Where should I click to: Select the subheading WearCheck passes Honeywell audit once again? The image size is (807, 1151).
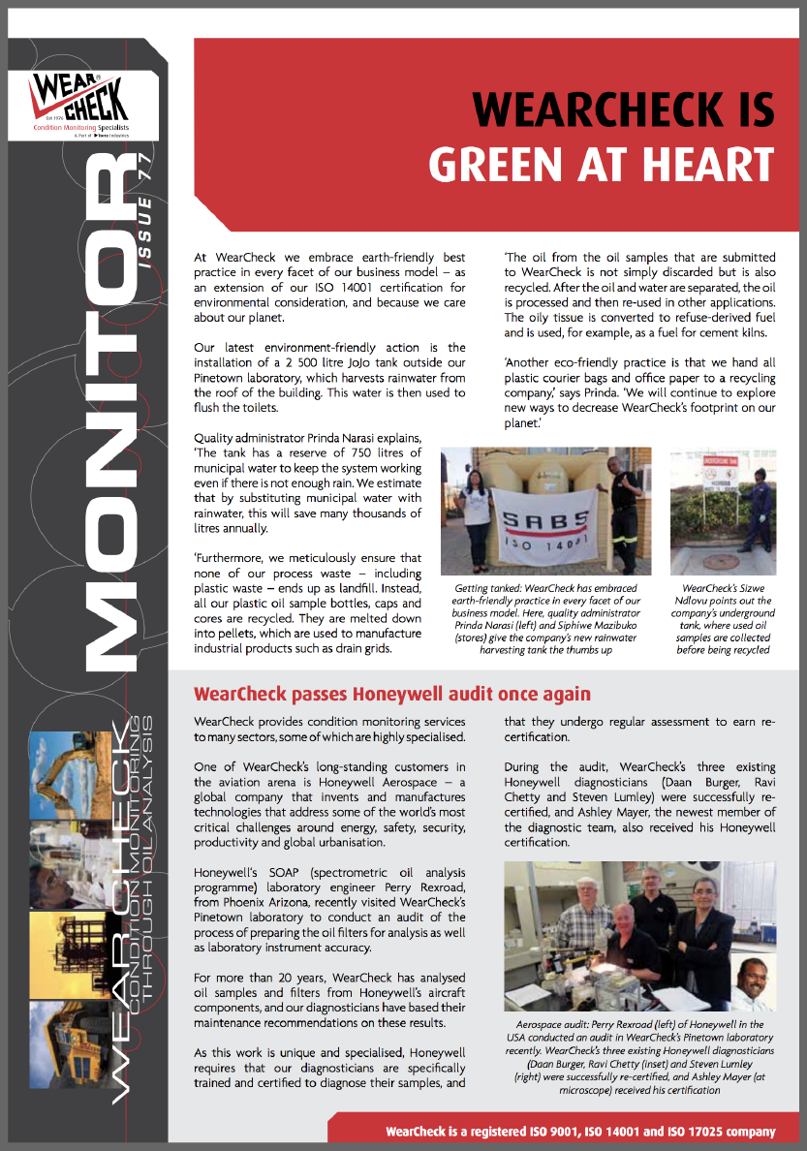[x=392, y=694]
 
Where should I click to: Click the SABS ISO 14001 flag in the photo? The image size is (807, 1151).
[x=545, y=531]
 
